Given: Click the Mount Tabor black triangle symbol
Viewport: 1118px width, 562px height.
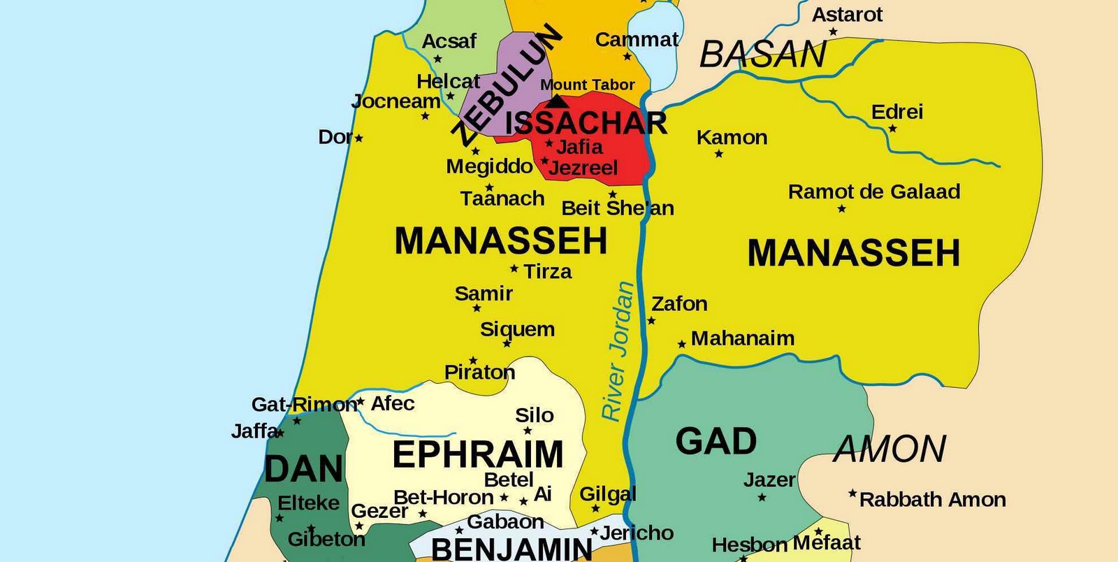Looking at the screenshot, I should coord(556,102).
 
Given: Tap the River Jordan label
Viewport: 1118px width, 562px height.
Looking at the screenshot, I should coord(618,351).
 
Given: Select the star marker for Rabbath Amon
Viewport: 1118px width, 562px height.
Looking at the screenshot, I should coord(852,493).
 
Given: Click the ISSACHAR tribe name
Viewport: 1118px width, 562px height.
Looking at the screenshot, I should coord(586,124).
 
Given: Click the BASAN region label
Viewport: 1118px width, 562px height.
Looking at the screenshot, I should coord(763,55).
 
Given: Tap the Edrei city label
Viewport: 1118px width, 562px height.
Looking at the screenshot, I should coord(897,112).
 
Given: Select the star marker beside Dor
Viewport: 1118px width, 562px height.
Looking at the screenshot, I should coord(358,138).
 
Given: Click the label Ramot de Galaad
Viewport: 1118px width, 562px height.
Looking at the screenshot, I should coord(874,192).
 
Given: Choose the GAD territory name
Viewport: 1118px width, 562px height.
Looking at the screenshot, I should coord(716,441).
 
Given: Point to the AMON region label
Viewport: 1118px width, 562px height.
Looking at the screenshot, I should coord(890,449).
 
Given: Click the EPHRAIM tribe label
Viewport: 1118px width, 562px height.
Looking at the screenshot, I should coord(478,454).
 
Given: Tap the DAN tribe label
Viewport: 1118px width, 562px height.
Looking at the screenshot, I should coord(304,469).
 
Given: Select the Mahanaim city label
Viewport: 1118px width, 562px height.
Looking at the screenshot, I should coord(743,338).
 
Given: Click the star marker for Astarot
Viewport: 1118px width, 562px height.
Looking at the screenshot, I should coord(833,31).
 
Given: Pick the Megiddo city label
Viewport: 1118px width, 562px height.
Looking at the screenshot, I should coord(490,166).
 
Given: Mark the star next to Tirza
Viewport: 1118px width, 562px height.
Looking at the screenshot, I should coord(514,268).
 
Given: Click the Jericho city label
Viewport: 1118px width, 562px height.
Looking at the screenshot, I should coord(637,533).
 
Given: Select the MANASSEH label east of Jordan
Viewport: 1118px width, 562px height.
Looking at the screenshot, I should coord(854,253).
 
